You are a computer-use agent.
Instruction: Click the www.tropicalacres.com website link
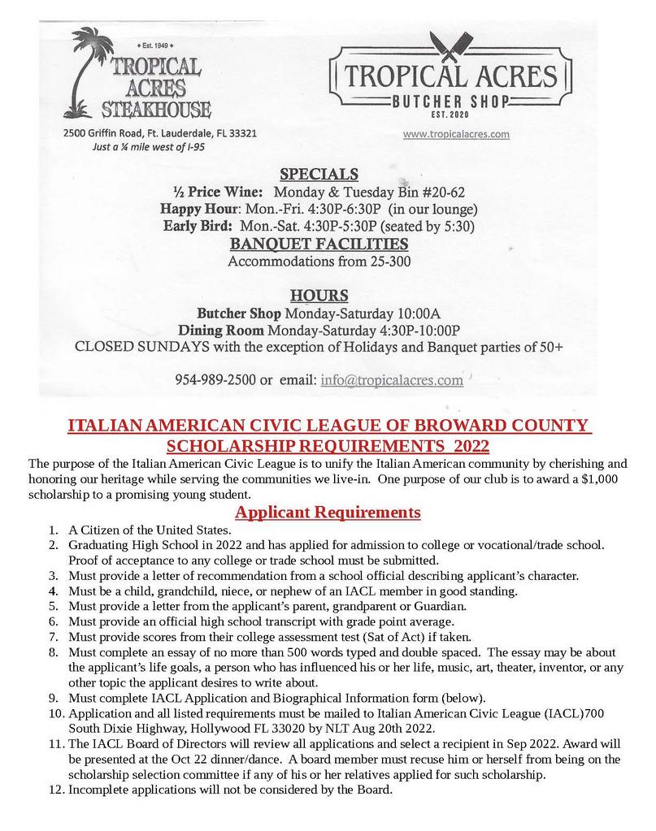point(456,134)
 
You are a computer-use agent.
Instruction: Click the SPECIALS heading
point(319,174)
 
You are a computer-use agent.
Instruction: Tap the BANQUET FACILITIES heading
point(319,244)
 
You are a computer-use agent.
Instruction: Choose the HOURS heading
point(319,295)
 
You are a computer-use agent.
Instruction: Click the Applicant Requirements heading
point(328,513)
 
